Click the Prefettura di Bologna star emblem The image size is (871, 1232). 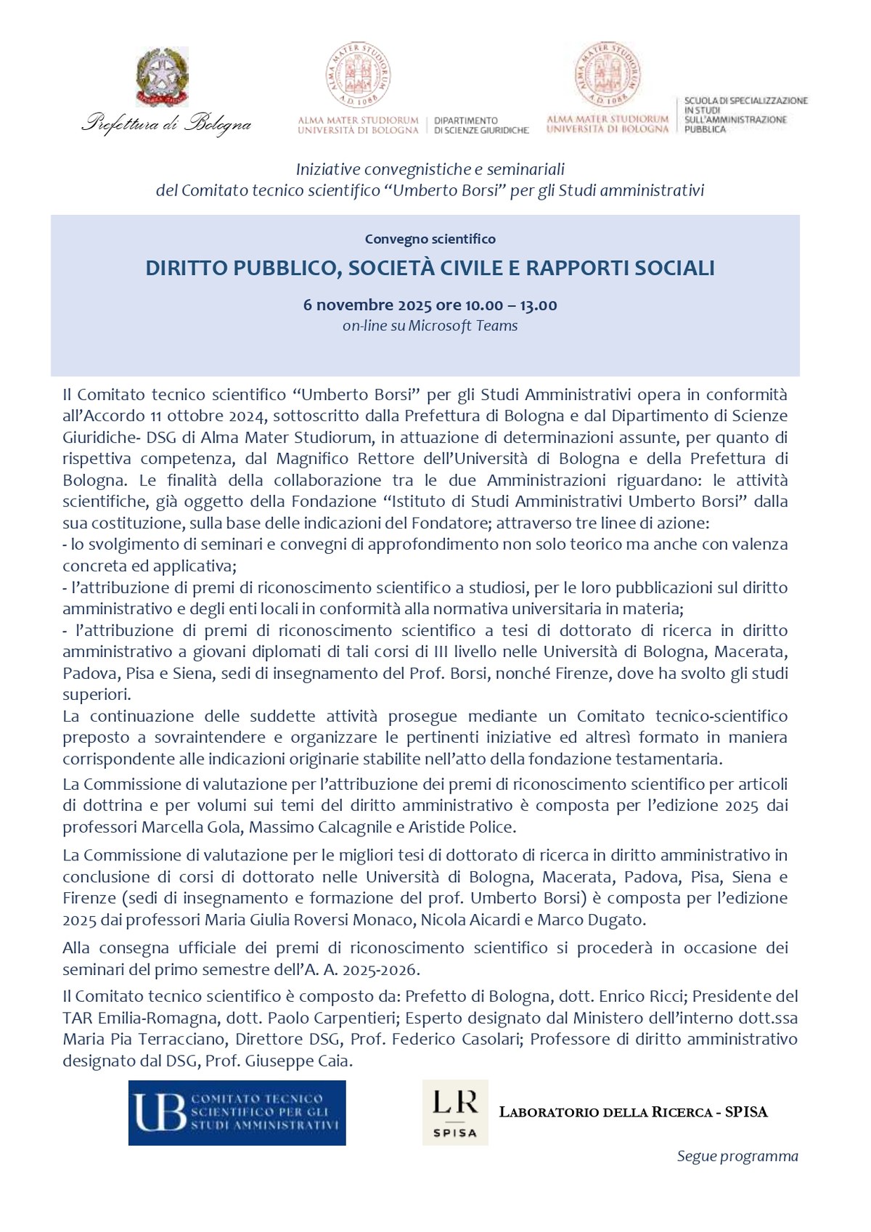[x=162, y=77]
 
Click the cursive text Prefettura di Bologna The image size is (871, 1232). [x=166, y=123]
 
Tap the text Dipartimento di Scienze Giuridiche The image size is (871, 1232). [x=481, y=126]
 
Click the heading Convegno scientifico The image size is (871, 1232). [x=430, y=239]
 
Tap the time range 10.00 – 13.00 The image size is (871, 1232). [x=511, y=305]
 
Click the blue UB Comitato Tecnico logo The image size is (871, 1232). [x=237, y=1113]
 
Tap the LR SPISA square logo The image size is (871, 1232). [x=455, y=1112]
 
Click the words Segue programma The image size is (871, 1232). [x=737, y=1156]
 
